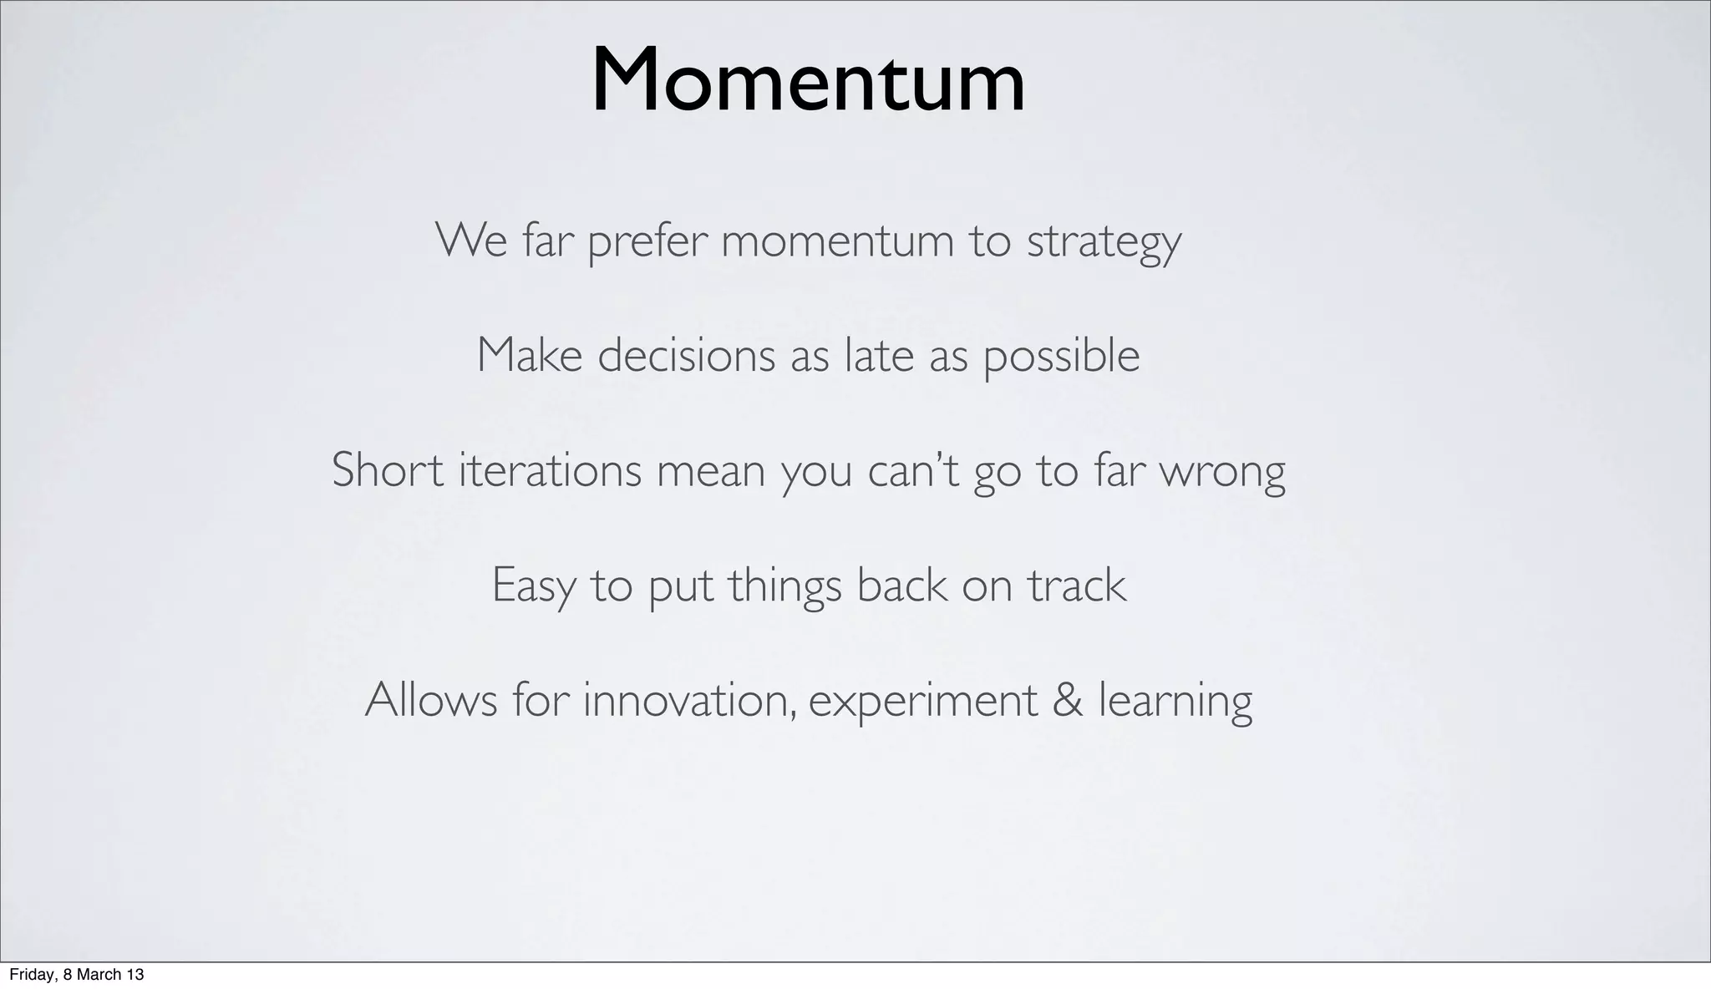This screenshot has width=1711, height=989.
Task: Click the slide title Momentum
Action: click(x=808, y=81)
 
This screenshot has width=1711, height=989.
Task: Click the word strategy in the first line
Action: click(x=1104, y=242)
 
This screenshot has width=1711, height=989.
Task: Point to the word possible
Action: click(x=1061, y=357)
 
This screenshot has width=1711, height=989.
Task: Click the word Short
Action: click(x=387, y=469)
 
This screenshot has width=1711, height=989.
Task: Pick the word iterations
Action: click(x=550, y=469)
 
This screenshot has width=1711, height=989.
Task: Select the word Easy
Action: click(x=533, y=586)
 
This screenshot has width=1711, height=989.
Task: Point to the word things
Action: click(x=784, y=586)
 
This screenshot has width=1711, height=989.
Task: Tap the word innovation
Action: click(x=688, y=699)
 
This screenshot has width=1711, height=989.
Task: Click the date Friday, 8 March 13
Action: click(x=76, y=975)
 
